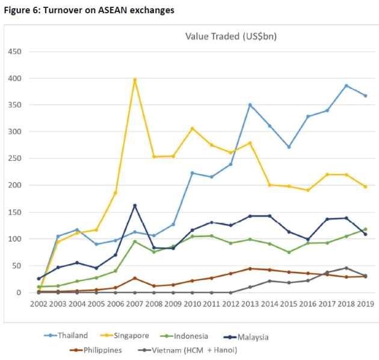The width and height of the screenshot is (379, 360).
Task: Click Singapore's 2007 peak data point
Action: tap(135, 80)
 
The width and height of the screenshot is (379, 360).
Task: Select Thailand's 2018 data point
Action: tap(346, 85)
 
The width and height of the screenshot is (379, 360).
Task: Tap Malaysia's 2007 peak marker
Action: tap(135, 206)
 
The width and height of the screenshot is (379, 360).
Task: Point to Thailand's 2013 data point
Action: tap(250, 105)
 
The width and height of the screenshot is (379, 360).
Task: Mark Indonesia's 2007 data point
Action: tap(135, 241)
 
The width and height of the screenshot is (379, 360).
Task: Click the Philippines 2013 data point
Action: tap(250, 268)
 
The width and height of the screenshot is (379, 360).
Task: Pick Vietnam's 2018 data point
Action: tap(346, 268)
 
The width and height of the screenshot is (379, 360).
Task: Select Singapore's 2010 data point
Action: tap(193, 128)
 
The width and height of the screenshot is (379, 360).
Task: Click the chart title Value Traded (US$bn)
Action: tap(230, 37)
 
